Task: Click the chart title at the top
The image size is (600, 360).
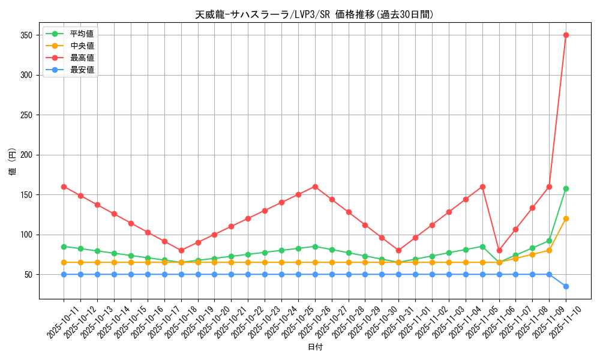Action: coord(314,14)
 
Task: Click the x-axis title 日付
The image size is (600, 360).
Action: coord(315,347)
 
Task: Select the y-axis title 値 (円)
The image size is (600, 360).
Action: coord(13,161)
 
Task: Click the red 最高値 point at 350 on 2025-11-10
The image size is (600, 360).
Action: coord(566,35)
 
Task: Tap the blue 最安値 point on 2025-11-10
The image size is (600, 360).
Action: coord(566,286)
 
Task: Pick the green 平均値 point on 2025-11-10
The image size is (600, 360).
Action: coord(566,188)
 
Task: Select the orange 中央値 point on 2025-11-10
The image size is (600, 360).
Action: coord(566,218)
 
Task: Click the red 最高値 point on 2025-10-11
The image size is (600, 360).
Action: coord(64,187)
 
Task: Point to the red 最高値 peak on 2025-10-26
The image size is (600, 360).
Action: coord(315,187)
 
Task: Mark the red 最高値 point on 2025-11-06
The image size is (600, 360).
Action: coord(499,250)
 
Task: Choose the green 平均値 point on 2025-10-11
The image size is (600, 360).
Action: coord(64,247)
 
